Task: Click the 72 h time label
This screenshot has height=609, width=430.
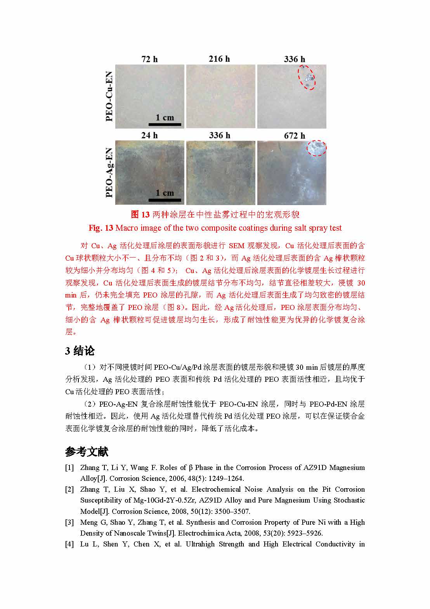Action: click(x=149, y=59)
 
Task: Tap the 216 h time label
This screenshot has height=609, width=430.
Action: click(x=219, y=59)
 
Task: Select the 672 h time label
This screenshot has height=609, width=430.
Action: click(x=295, y=136)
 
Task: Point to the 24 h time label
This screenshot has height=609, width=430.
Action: click(x=149, y=136)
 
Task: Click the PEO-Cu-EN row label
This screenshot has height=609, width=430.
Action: click(x=109, y=96)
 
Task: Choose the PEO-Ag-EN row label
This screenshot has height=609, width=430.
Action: click(x=109, y=172)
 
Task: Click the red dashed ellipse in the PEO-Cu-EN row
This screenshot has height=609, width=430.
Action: click(x=307, y=78)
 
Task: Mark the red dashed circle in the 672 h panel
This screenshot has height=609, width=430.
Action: click(x=317, y=148)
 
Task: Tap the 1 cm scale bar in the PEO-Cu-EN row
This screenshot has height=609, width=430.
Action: click(x=165, y=124)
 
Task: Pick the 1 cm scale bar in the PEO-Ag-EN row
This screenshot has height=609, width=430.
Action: click(x=165, y=200)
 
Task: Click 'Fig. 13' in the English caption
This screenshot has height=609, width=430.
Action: click(x=101, y=228)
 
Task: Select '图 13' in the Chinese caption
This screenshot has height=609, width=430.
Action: click(x=140, y=215)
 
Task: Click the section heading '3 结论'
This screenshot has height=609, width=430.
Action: click(x=80, y=351)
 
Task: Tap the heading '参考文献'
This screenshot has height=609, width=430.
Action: click(x=87, y=452)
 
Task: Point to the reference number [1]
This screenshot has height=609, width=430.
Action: click(x=69, y=468)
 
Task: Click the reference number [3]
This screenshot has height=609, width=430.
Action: click(x=69, y=522)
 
